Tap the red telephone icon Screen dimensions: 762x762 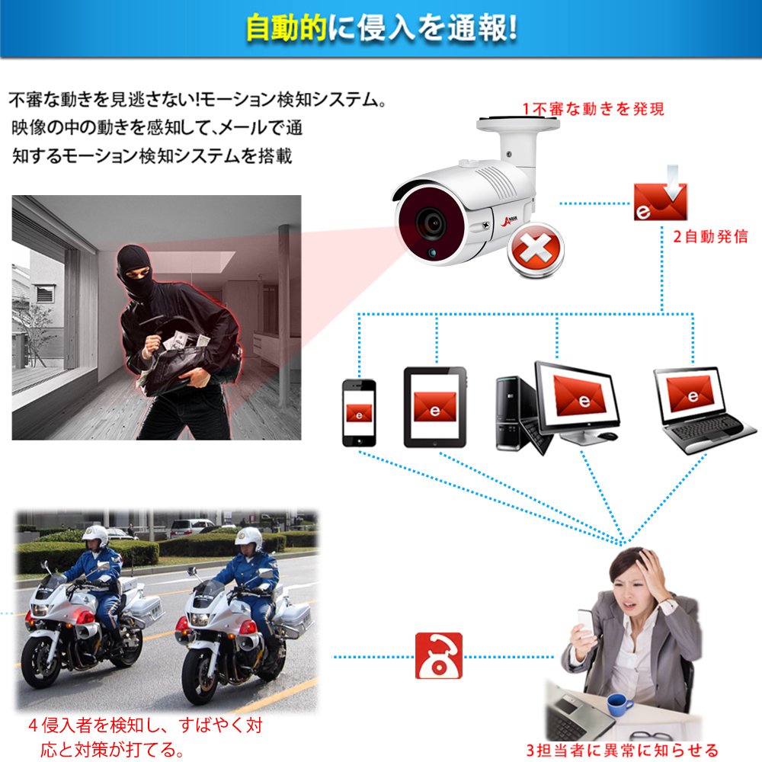click(x=438, y=655)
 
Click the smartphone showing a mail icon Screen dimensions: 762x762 click(x=359, y=412)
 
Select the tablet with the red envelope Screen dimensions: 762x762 click(x=435, y=407)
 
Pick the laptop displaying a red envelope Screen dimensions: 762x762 click(x=703, y=411)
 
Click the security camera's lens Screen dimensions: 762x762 click(x=431, y=223)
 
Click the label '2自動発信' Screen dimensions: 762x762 click(x=710, y=237)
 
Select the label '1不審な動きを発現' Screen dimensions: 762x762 click(x=593, y=109)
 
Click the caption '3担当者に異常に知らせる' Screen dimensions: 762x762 click(x=622, y=750)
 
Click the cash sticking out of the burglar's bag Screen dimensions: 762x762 click(x=186, y=340)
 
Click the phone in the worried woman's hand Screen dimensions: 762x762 click(x=586, y=623)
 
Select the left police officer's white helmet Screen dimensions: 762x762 click(x=95, y=536)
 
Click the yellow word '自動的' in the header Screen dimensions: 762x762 click(x=287, y=28)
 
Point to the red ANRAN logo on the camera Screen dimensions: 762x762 click(x=509, y=221)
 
